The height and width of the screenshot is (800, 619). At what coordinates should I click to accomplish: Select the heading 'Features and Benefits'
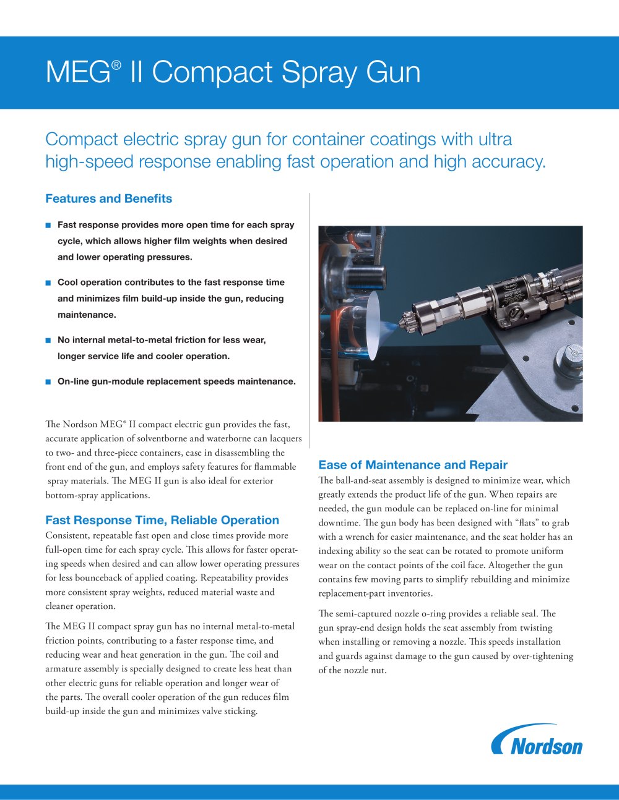click(108, 198)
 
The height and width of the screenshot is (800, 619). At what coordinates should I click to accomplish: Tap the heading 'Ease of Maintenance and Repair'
click(413, 465)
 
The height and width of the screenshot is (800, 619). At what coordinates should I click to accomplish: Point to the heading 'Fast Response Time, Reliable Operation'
click(162, 520)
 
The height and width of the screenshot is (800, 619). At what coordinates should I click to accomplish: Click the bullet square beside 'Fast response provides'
click(48, 226)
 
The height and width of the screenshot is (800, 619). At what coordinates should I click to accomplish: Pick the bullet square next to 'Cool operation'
click(48, 283)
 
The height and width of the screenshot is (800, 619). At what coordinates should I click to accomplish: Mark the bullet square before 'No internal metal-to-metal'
click(48, 341)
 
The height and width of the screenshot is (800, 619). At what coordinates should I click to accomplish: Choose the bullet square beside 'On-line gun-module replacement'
click(48, 382)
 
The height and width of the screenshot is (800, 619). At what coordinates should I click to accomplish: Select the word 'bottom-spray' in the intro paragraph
click(71, 495)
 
